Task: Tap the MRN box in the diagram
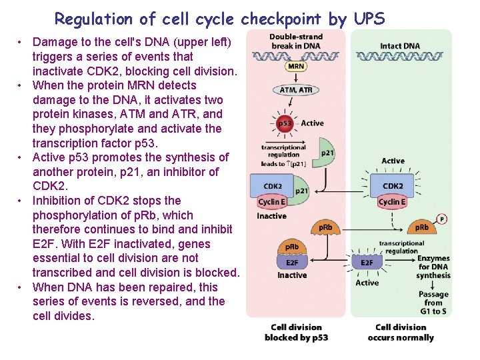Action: (x=296, y=67)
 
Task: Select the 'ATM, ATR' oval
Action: (x=296, y=90)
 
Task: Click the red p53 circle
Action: (x=285, y=123)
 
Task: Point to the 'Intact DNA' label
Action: (x=400, y=46)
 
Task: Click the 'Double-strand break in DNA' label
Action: (x=296, y=41)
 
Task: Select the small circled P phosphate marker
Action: (x=441, y=219)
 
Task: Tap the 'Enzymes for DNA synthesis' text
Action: (x=433, y=267)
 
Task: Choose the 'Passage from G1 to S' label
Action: (x=433, y=303)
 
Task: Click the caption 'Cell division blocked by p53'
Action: (x=296, y=332)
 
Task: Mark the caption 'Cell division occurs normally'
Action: (x=401, y=332)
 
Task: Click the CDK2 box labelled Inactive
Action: (x=273, y=186)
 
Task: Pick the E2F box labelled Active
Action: (x=367, y=263)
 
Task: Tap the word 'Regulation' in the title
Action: (x=93, y=19)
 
